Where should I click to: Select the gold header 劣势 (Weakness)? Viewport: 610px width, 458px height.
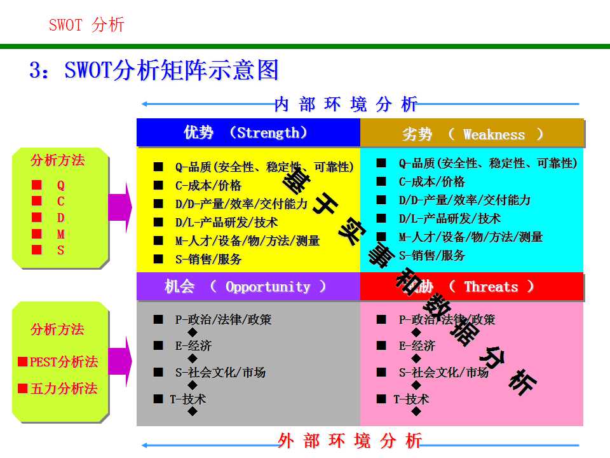coord(473,134)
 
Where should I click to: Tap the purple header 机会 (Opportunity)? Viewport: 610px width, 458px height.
coord(245,287)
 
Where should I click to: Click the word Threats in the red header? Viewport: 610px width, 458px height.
coord(491,287)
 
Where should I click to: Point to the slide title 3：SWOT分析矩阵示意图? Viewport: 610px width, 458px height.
coord(154,70)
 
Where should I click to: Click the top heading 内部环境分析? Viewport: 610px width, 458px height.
coord(346,104)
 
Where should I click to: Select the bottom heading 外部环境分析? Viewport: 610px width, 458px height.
coord(349,440)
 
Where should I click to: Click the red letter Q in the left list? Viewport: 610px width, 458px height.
coord(61,185)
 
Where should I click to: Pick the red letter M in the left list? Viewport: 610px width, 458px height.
coord(61,234)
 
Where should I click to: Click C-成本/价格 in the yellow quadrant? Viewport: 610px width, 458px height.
coord(208,186)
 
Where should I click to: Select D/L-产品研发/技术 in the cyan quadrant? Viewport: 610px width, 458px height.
coord(450,218)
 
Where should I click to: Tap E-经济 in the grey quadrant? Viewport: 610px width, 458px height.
coord(193,346)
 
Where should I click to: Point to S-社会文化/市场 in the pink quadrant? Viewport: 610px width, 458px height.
coord(444,373)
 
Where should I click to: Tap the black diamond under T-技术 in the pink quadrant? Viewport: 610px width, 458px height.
coord(416,412)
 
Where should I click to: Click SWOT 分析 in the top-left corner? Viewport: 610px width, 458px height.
coord(86,25)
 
